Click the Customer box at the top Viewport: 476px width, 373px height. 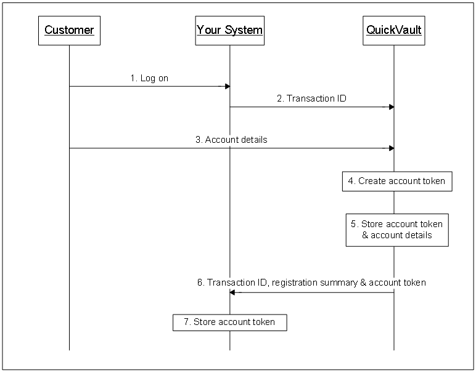[x=69, y=30]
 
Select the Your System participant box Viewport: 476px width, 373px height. [x=229, y=30]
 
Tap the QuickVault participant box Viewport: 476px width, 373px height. [x=393, y=30]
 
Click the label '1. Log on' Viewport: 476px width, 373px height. [x=149, y=78]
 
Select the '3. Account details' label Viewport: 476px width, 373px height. [x=231, y=140]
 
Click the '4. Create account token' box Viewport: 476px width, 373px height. [x=397, y=182]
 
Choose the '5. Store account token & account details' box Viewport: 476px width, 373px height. [x=397, y=230]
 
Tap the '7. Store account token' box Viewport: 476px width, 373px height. [x=229, y=322]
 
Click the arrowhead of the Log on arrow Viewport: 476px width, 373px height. [x=228, y=86]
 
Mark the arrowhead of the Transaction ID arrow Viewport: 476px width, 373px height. [x=391, y=107]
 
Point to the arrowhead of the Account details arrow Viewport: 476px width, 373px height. [x=391, y=148]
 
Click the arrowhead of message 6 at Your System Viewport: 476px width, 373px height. [x=232, y=292]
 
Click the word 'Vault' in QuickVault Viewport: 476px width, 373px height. [x=409, y=30]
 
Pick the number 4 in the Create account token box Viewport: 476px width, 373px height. [x=351, y=182]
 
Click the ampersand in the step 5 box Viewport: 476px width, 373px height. [x=365, y=235]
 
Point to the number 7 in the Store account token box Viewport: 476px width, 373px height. [x=186, y=322]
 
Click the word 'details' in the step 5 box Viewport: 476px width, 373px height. [x=419, y=235]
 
